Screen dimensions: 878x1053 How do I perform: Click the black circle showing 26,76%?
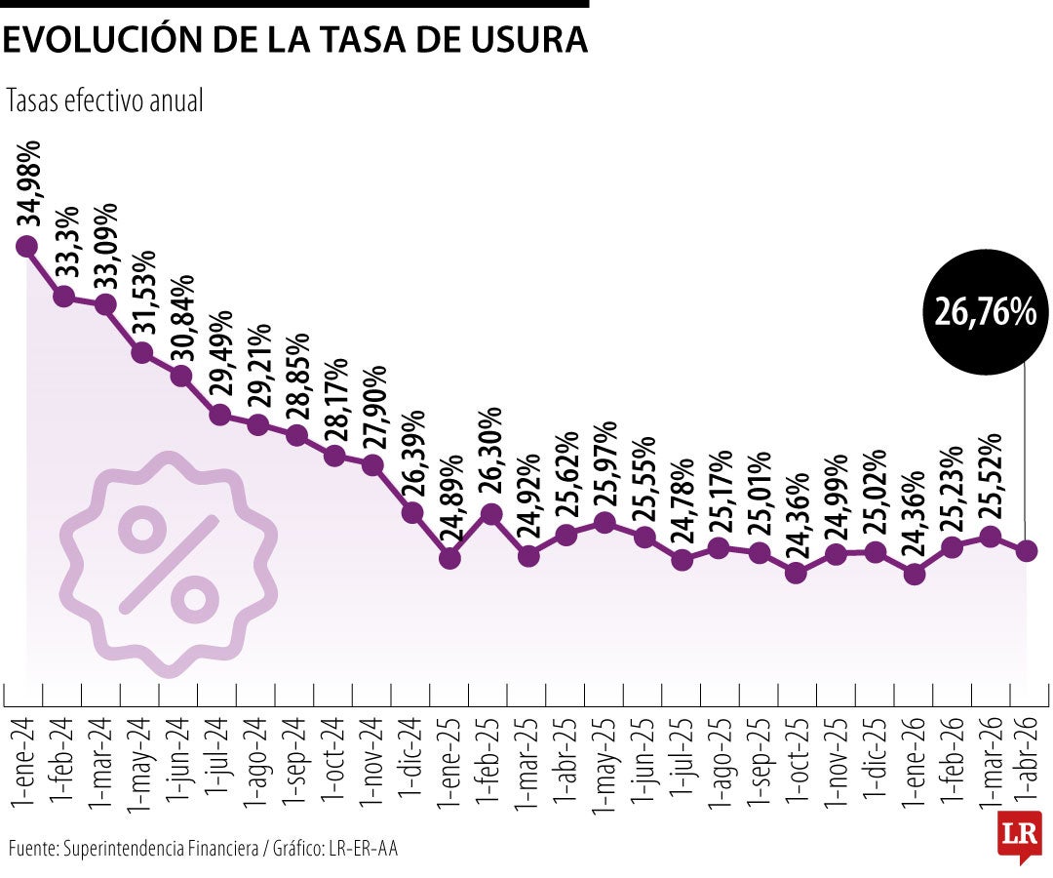click(985, 310)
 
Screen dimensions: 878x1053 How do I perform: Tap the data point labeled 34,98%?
click(26, 247)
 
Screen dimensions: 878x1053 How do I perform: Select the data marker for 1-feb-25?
click(489, 514)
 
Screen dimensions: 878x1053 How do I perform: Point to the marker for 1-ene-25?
click(449, 558)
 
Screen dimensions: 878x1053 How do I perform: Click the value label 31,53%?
click(144, 295)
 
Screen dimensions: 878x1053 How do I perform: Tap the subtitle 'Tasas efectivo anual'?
click(105, 101)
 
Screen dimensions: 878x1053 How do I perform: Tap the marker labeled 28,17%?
click(334, 456)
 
